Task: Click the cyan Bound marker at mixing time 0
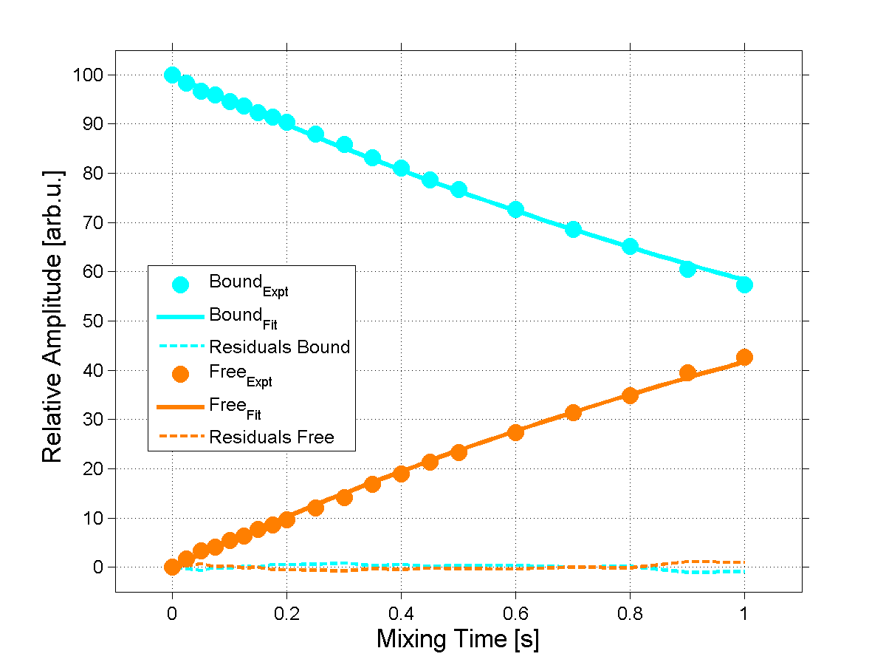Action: (x=172, y=75)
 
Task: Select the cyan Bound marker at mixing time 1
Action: (x=744, y=284)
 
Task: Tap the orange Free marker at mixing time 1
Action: (x=744, y=358)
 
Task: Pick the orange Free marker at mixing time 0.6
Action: (x=515, y=432)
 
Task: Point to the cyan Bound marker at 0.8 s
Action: (x=630, y=246)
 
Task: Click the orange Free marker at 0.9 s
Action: (x=687, y=372)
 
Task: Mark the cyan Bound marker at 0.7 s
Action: (x=573, y=229)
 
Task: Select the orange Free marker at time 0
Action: (x=172, y=567)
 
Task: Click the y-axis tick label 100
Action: (x=87, y=75)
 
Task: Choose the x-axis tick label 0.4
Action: (x=400, y=613)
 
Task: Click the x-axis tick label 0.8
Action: (x=629, y=613)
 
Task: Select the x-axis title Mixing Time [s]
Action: (x=458, y=639)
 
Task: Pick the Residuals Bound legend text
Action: (x=279, y=347)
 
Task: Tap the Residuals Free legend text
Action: (x=272, y=437)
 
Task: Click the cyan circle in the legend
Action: (x=180, y=284)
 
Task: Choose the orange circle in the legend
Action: (x=180, y=374)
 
